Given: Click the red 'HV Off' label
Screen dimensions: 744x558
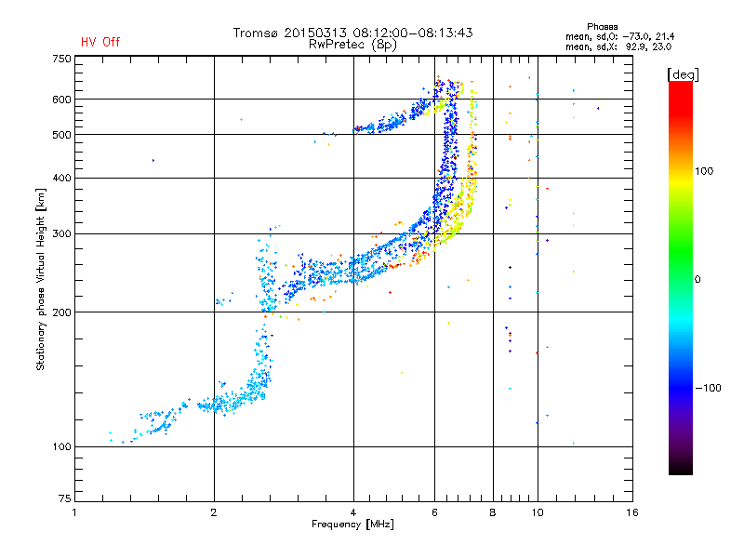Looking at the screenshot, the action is pyautogui.click(x=100, y=42).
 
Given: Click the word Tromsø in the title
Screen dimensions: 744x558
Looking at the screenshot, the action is pyautogui.click(x=257, y=33).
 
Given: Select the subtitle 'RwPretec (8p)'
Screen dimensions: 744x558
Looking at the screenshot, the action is pyautogui.click(x=352, y=45).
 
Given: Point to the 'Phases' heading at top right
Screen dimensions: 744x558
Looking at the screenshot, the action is pyautogui.click(x=602, y=27).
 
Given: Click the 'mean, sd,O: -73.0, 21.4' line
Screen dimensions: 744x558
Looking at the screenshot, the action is pyautogui.click(x=619, y=36).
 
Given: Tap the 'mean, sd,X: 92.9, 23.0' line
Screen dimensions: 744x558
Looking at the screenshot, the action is pyautogui.click(x=618, y=46).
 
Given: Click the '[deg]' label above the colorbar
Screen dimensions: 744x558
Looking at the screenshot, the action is pyautogui.click(x=683, y=74).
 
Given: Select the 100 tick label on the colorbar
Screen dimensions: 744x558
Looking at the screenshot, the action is pyautogui.click(x=704, y=171).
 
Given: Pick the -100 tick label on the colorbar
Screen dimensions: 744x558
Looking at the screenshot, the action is pyautogui.click(x=708, y=388).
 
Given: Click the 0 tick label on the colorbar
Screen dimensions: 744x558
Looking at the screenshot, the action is pyautogui.click(x=697, y=280).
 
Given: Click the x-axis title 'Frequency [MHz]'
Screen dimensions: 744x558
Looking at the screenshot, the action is pyautogui.click(x=352, y=525).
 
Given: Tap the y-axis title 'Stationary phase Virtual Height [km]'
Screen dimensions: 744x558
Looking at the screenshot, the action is pyautogui.click(x=41, y=280).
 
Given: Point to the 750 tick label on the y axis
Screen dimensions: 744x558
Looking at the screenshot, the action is pyautogui.click(x=61, y=59).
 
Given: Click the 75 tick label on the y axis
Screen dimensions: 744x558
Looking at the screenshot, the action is pyautogui.click(x=65, y=498).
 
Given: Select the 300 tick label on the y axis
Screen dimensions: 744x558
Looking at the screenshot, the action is pyautogui.click(x=61, y=234).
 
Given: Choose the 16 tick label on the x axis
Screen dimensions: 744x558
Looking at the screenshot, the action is pyautogui.click(x=632, y=512).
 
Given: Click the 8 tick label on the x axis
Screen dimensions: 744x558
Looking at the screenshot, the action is pyautogui.click(x=493, y=512).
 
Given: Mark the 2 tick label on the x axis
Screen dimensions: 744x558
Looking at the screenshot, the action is pyautogui.click(x=214, y=512).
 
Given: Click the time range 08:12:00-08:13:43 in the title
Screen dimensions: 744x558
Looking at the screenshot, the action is pyautogui.click(x=412, y=33).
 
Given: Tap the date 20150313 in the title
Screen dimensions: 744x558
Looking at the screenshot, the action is pyautogui.click(x=315, y=33).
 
